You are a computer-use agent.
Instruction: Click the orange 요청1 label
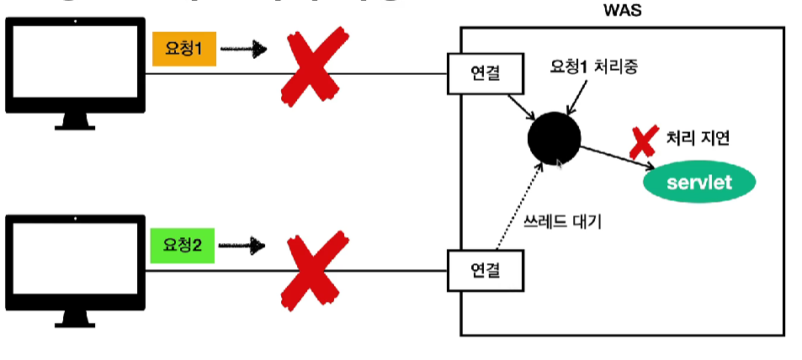pyautogui.click(x=184, y=50)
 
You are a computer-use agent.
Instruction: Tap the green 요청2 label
pyautogui.click(x=183, y=246)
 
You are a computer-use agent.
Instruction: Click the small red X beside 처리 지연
pyautogui.click(x=644, y=140)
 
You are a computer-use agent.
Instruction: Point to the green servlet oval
pyautogui.click(x=699, y=182)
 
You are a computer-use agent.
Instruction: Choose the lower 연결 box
pyautogui.click(x=486, y=272)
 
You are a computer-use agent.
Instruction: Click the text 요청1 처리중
pyautogui.click(x=592, y=66)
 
